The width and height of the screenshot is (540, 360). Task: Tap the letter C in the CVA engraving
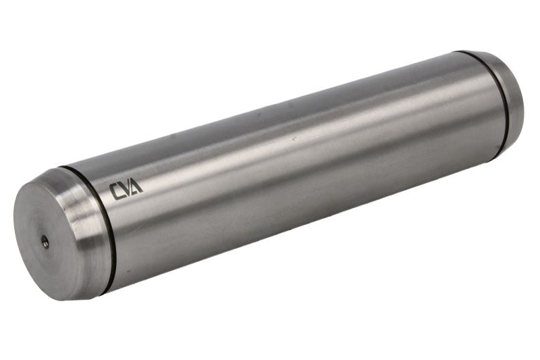click(115, 192)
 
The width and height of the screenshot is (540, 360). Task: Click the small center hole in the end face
click(45, 242)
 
